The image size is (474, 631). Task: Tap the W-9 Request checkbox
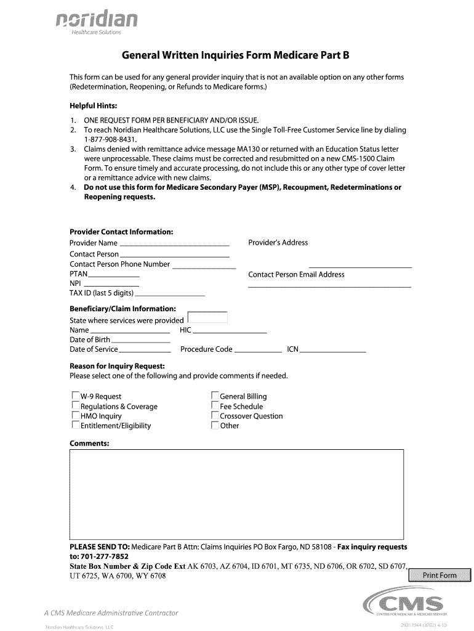[76, 396]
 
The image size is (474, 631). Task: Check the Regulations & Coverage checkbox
[76, 406]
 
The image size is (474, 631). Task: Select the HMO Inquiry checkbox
[76, 416]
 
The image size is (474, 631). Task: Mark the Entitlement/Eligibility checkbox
[76, 425]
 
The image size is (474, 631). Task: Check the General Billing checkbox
[215, 396]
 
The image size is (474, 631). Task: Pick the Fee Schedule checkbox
[215, 406]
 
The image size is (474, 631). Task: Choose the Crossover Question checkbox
[215, 416]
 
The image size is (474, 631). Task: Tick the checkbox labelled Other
[215, 425]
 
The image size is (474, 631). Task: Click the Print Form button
[439, 576]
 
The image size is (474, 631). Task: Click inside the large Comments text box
[236, 494]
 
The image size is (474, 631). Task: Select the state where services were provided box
[207, 318]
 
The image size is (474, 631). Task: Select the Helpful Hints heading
[93, 106]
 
